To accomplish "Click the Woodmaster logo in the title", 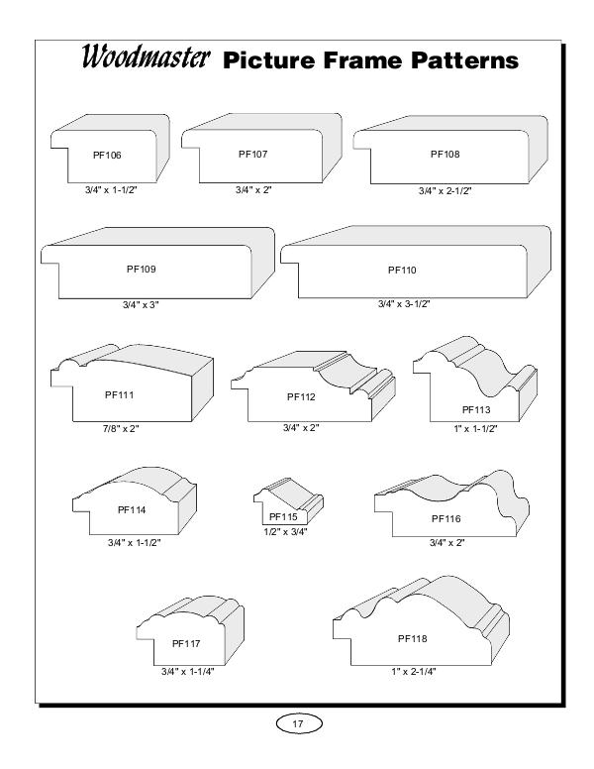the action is (146, 56).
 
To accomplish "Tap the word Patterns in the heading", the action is (464, 60).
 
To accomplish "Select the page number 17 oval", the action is (297, 723).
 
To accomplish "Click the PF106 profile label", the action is (107, 155).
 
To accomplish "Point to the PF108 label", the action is (445, 154).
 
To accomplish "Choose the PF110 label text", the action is (402, 270).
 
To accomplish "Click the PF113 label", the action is (476, 409).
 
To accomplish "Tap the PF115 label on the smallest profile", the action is (283, 516).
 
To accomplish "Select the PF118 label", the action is (412, 638).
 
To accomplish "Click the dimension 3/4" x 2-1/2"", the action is (445, 191).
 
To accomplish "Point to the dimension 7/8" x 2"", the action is (121, 428).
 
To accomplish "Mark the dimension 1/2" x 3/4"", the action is (285, 531).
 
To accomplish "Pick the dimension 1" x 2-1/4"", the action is (414, 672).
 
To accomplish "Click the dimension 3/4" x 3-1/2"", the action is (404, 304).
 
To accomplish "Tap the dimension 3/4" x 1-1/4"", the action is (188, 672).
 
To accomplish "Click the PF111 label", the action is (119, 394).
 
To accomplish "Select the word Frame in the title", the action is (361, 60).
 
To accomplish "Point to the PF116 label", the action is (445, 518).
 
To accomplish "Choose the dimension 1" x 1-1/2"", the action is (475, 429).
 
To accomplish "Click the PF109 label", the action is (142, 269).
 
